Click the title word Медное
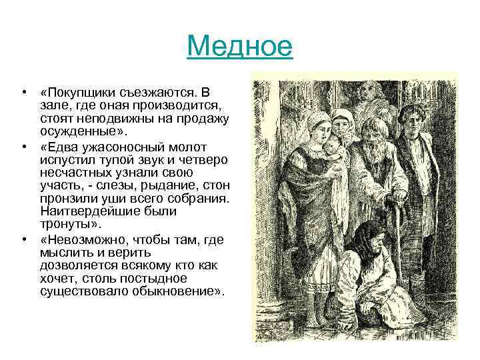pyautogui.click(x=240, y=47)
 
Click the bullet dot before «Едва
pyautogui.click(x=23, y=147)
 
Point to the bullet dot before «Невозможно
pyautogui.click(x=23, y=239)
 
